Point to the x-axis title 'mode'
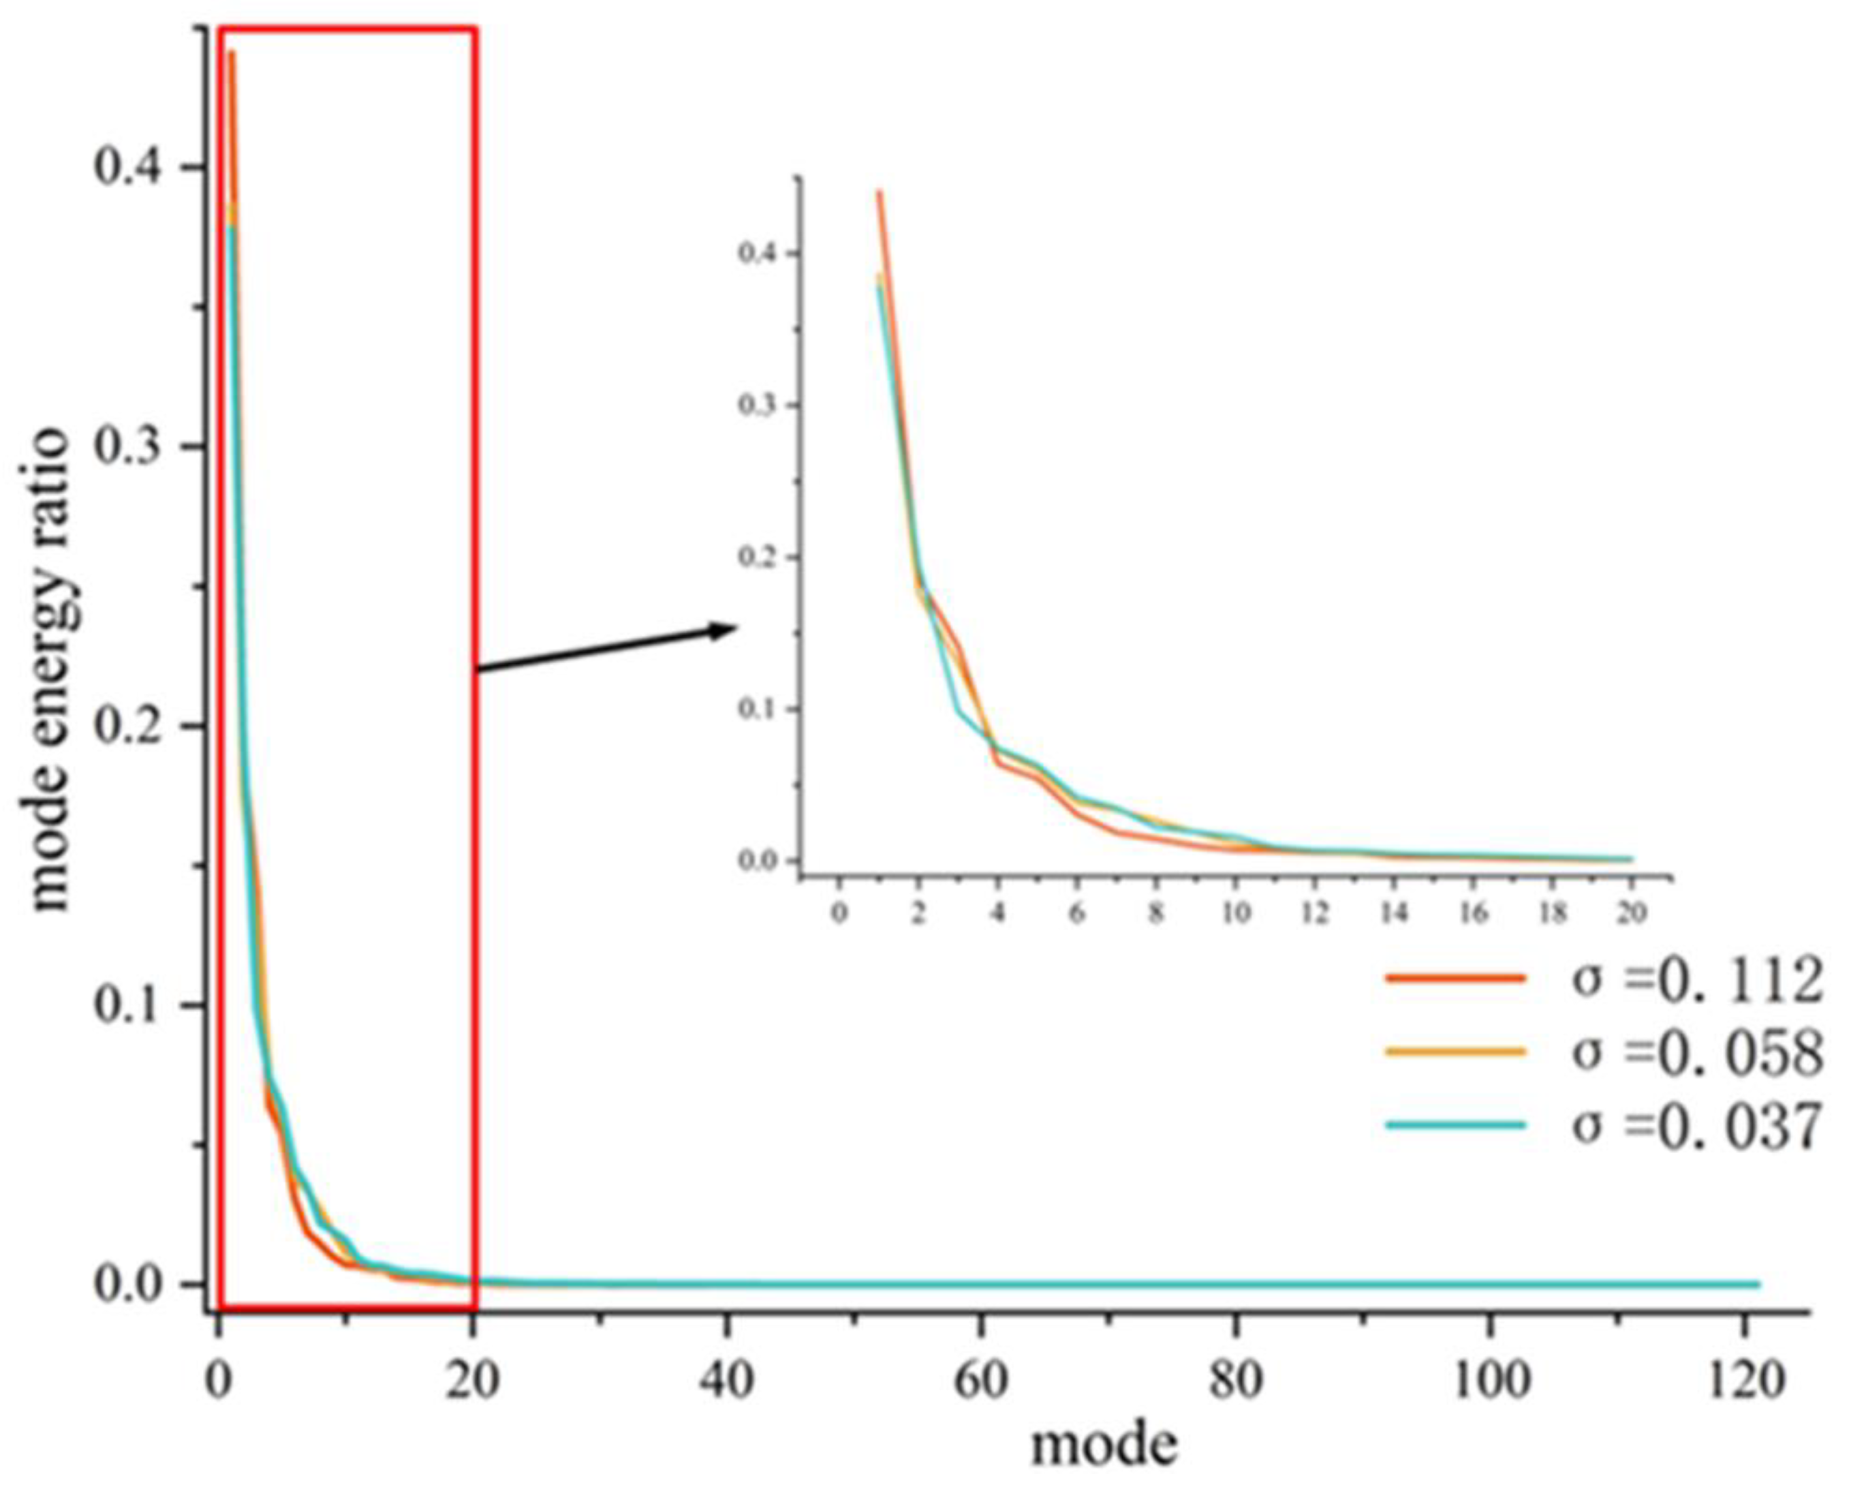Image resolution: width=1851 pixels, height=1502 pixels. click(1104, 1445)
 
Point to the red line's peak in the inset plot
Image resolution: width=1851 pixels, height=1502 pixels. click(879, 191)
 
